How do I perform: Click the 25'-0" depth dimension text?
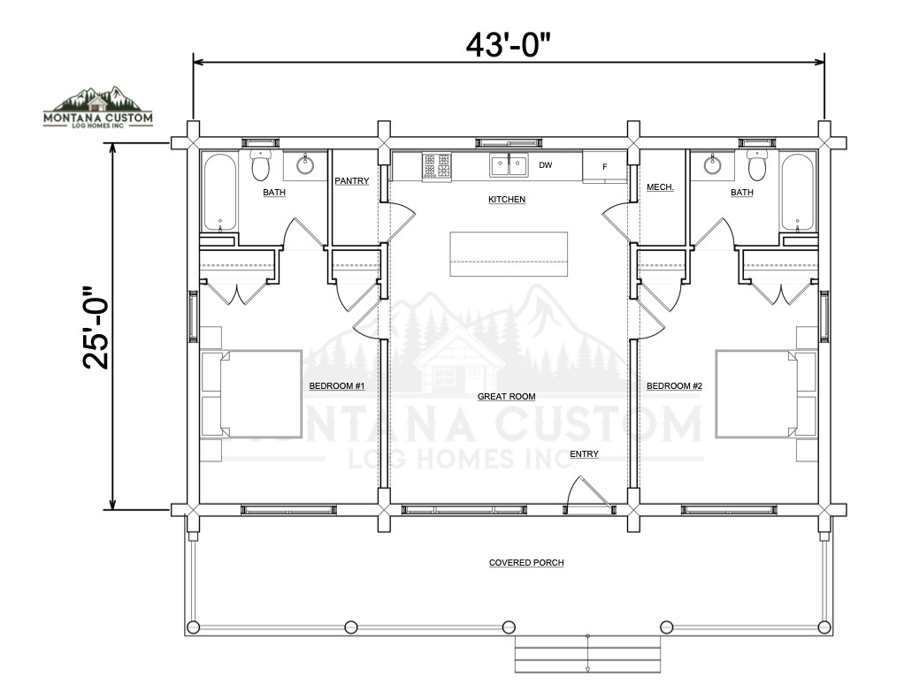coord(96,327)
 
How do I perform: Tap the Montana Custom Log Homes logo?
coord(98,107)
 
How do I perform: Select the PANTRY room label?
coord(352,181)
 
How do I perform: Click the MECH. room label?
coord(660,187)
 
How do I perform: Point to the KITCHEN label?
coord(507,200)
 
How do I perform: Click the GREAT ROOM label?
coord(506,396)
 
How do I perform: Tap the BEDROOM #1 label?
coord(337,386)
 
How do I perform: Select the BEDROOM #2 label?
coord(675,386)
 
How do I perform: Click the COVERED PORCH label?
coord(526,563)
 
